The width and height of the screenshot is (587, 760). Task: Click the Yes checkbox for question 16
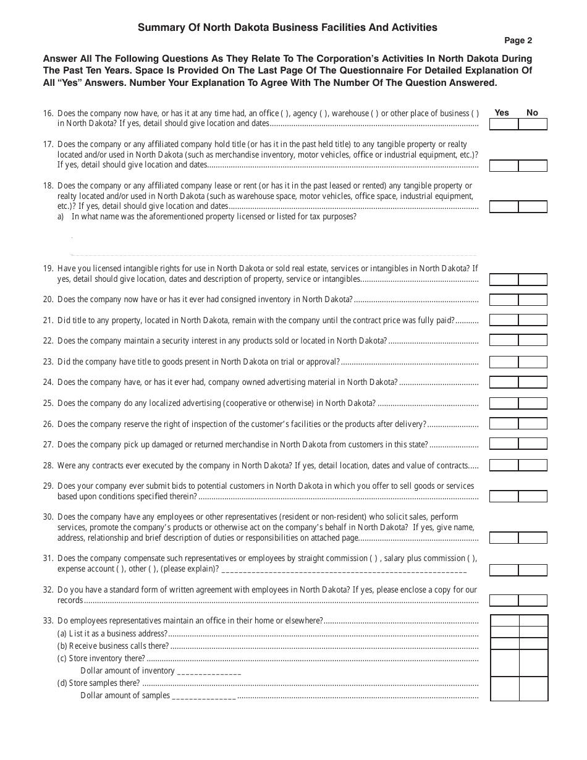point(504,124)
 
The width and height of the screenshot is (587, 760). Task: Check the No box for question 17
point(533,166)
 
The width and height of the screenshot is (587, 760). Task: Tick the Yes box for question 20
point(504,300)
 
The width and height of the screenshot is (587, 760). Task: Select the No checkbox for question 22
point(533,341)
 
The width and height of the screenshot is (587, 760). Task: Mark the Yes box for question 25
point(504,403)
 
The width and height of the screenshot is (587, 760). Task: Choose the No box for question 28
point(533,465)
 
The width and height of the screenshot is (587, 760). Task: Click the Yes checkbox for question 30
point(504,538)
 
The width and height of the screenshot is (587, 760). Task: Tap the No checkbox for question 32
point(533,601)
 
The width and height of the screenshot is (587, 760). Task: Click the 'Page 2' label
point(518,41)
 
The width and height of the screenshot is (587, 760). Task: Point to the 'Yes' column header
point(502,112)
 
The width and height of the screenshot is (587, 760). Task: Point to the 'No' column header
point(532,112)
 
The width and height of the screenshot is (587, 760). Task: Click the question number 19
point(48,269)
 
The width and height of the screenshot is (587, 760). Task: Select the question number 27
point(48,444)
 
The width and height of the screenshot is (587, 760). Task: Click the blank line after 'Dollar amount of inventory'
point(209,672)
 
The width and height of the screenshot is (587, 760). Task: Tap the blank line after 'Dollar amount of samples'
point(204,696)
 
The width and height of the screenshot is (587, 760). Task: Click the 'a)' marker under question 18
point(61,217)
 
